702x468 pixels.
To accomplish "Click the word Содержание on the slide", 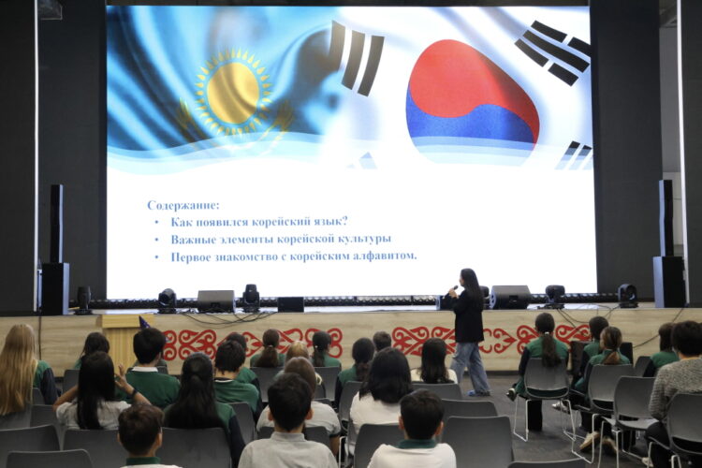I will [x=183, y=205].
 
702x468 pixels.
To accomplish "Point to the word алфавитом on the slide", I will [x=382, y=256].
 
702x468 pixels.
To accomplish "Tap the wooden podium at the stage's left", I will [x=120, y=339].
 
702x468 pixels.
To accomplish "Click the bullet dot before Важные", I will [x=156, y=240].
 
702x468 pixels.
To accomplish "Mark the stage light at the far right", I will [x=627, y=295].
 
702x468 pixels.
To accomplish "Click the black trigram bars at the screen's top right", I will [x=554, y=51].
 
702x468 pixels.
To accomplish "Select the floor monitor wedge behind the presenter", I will [x=510, y=297].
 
